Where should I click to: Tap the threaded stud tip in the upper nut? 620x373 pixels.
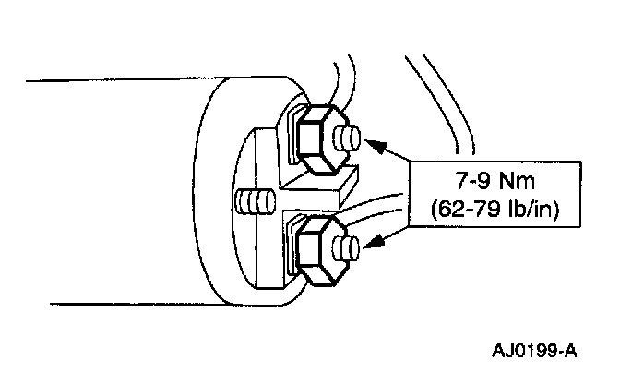349,140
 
